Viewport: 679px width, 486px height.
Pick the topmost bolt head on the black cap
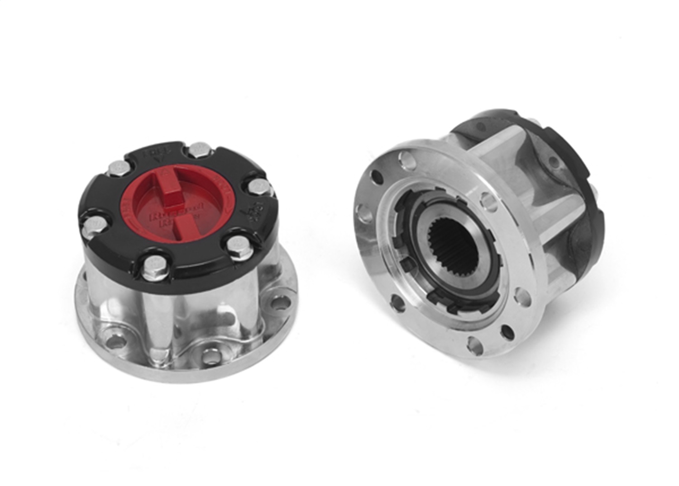[197, 149]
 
